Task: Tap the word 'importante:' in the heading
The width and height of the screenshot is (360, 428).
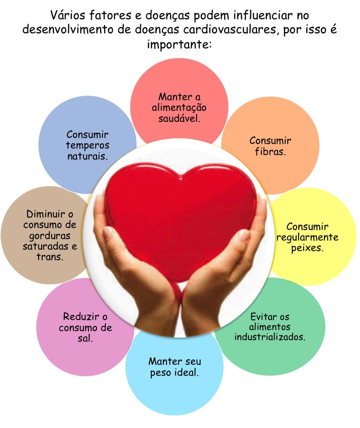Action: click(x=179, y=44)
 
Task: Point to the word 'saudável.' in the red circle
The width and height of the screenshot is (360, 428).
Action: click(x=179, y=119)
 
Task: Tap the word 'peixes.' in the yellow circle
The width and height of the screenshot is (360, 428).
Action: click(x=307, y=248)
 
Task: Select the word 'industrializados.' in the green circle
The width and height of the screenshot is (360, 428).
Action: click(x=270, y=337)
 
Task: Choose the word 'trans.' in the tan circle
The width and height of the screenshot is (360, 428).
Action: click(x=50, y=256)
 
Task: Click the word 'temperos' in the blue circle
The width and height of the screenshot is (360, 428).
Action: click(x=87, y=145)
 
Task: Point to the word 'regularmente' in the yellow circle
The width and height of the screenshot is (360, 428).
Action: click(x=307, y=237)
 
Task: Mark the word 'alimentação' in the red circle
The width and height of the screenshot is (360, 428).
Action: click(x=179, y=108)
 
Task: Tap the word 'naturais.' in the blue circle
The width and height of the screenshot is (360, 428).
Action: click(x=87, y=156)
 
